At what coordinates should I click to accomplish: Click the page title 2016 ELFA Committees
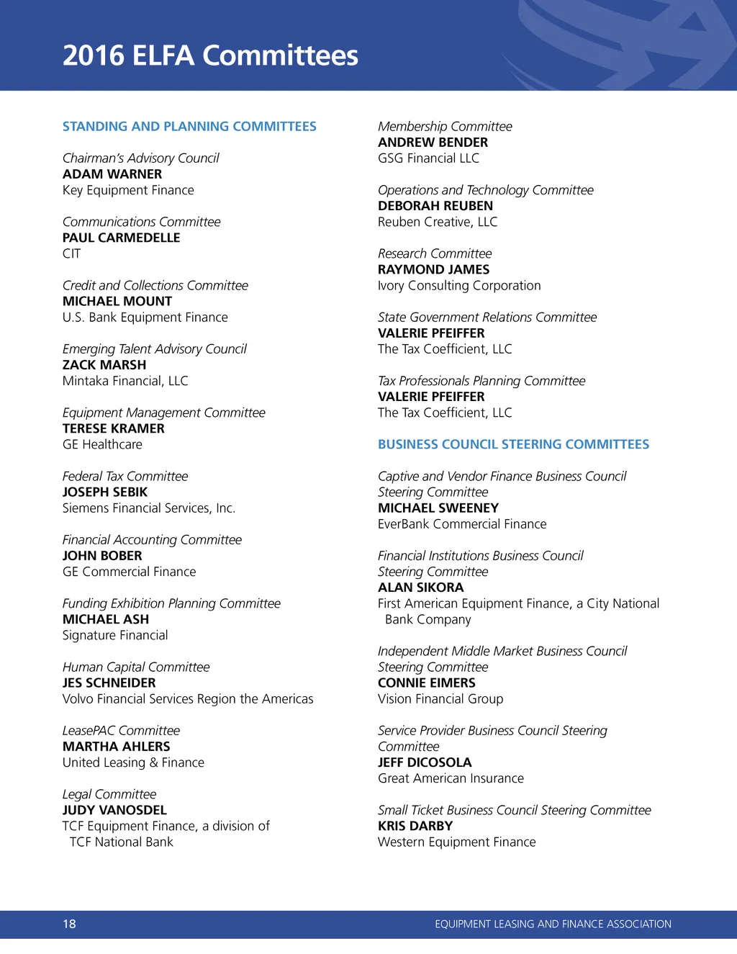[x=210, y=55]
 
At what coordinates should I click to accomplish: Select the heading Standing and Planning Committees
[x=189, y=127]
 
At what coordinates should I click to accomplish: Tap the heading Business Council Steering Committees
[x=513, y=444]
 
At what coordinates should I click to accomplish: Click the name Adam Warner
[x=112, y=174]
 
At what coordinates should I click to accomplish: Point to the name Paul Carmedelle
[x=121, y=238]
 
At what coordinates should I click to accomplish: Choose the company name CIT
[x=72, y=253]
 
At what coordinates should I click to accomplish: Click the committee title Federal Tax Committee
[x=125, y=476]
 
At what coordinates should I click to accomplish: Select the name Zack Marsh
[x=104, y=365]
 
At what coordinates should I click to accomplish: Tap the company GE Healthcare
[x=102, y=444]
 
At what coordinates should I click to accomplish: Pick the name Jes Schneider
[x=109, y=683]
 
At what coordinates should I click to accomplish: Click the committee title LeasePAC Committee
[x=121, y=730]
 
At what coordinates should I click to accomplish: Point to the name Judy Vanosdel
[x=114, y=810]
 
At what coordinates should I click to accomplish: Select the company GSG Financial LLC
[x=428, y=158]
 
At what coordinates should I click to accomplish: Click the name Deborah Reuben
[x=435, y=206]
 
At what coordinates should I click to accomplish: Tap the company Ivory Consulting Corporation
[x=459, y=285]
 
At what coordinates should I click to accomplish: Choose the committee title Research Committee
[x=435, y=253]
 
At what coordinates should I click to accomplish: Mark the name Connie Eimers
[x=427, y=683]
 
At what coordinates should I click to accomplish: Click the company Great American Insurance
[x=451, y=778]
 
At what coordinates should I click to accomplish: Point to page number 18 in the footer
[x=69, y=924]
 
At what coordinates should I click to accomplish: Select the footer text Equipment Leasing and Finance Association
[x=553, y=924]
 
